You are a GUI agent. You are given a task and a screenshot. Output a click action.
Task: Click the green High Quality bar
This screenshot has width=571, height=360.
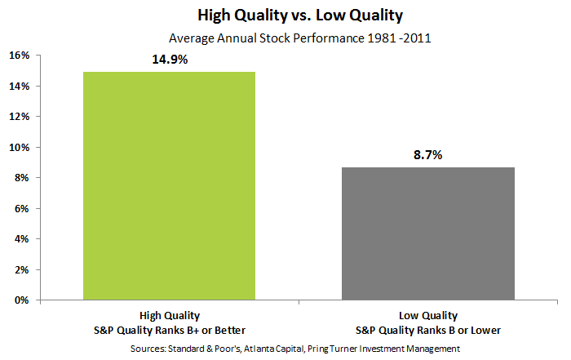point(169,186)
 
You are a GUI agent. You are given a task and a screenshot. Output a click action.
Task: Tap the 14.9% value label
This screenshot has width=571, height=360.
point(170,60)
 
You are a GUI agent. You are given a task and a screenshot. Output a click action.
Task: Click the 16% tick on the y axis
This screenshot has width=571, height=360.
point(20,56)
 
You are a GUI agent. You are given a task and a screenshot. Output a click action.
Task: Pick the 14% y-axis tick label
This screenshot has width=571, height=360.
point(20,87)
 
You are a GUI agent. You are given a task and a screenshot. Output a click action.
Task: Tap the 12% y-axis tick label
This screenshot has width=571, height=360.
point(20,117)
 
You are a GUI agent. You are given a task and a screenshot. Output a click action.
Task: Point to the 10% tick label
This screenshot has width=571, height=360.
point(20,148)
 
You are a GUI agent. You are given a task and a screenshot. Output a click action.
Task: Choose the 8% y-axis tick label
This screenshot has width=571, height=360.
point(22,178)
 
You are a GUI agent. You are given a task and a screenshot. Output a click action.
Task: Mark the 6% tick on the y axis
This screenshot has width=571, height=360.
point(22,209)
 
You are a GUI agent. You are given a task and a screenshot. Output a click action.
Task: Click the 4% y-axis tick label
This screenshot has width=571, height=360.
point(22,239)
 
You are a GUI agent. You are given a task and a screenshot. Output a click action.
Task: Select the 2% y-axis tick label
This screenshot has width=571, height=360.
point(22,270)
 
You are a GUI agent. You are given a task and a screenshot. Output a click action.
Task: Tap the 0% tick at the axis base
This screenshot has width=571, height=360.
point(22,300)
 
